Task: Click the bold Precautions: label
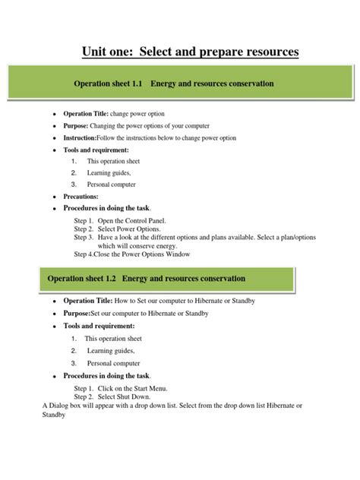click(81, 196)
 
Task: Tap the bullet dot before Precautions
click(54, 197)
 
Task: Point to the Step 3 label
click(83, 238)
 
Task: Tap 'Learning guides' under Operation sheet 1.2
click(109, 351)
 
